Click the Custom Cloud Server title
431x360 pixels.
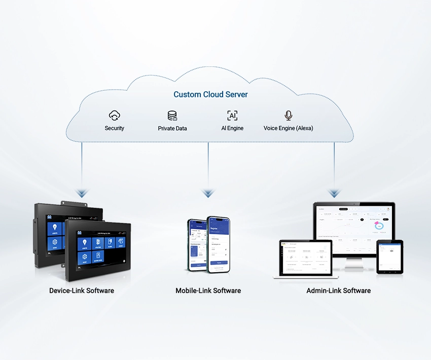[x=210, y=94]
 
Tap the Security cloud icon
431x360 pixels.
[x=115, y=115]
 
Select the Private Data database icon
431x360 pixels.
[x=172, y=116]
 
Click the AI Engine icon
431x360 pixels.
[x=232, y=115]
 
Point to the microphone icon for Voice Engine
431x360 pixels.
[x=289, y=115]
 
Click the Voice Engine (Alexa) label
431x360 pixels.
[x=288, y=128]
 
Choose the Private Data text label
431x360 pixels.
[x=172, y=128]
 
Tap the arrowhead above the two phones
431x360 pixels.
[x=208, y=193]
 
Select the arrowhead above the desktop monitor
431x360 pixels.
[x=334, y=193]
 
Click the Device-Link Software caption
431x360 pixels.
[x=82, y=291]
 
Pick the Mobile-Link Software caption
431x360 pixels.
[x=208, y=291]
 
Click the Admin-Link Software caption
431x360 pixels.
[x=338, y=291]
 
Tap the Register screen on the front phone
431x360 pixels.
[x=219, y=243]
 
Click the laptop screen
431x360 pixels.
[x=305, y=258]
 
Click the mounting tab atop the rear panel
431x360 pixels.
[x=64, y=203]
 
